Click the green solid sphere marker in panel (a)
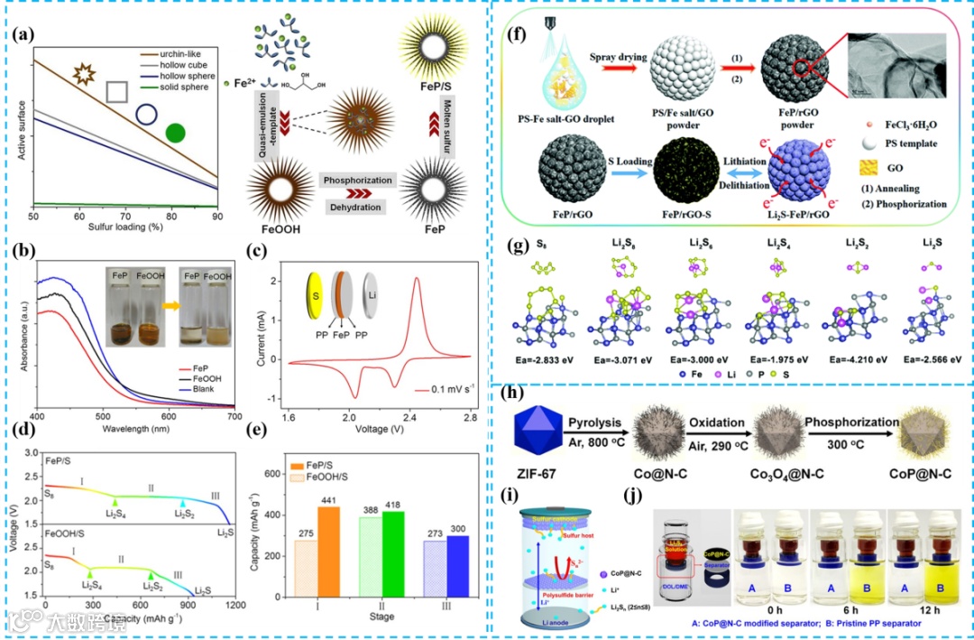176,134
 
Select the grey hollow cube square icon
116,92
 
